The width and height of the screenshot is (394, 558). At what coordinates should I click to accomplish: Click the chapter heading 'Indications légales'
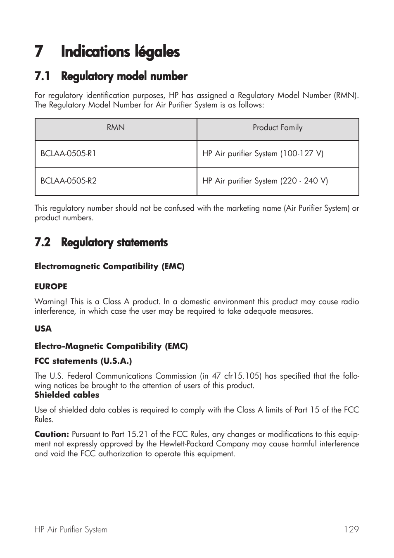tap(120, 52)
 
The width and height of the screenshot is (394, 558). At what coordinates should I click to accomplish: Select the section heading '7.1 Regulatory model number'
tap(111, 76)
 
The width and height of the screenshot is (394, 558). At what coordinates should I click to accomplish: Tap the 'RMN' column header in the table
tap(116, 128)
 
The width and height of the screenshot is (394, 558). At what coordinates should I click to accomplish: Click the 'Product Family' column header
tap(278, 128)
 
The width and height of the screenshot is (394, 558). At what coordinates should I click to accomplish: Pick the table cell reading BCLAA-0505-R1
tap(69, 154)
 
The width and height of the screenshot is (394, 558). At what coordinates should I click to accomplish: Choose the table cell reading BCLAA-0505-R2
tap(69, 181)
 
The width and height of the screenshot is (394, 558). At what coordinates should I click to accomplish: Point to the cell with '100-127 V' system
tap(263, 154)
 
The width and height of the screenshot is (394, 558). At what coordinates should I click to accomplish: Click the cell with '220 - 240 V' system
tap(265, 181)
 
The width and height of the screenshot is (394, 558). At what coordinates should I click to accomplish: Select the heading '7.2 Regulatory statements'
tap(101, 243)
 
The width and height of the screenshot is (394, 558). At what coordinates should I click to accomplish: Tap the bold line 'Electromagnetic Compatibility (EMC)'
tap(109, 267)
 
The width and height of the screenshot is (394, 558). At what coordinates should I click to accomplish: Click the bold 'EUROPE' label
tap(51, 286)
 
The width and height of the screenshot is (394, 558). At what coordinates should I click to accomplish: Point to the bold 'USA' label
tap(43, 329)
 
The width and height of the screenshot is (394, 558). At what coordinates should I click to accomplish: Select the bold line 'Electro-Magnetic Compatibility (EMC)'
tap(111, 346)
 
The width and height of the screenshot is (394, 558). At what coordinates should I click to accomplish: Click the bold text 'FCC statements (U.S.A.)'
tap(83, 361)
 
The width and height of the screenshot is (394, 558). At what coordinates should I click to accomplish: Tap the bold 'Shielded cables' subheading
tap(67, 395)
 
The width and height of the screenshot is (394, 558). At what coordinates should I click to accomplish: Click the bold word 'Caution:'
tap(52, 434)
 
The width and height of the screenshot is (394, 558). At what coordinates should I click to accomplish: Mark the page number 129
tap(351, 529)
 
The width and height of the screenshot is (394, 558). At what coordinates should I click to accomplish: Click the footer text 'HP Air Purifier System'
tap(71, 529)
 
